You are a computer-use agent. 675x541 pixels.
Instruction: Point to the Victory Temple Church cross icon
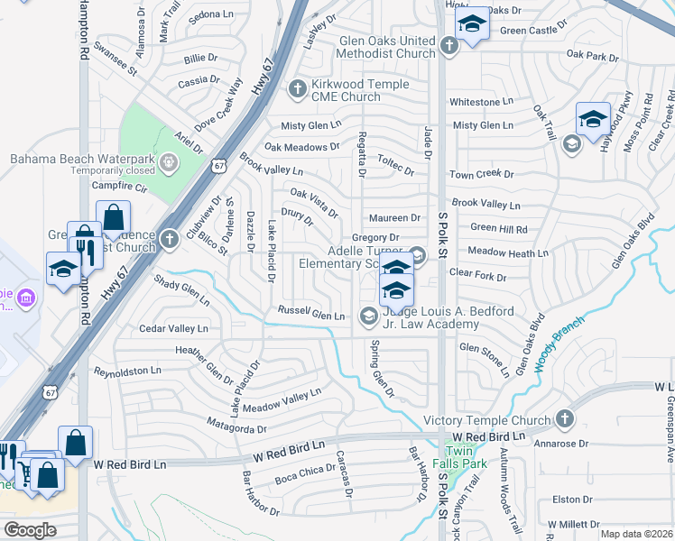click(564, 419)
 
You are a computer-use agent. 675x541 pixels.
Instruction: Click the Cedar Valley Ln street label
click(174, 329)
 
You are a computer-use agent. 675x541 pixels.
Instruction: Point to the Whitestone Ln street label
click(481, 102)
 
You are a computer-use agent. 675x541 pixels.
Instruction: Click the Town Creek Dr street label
click(482, 174)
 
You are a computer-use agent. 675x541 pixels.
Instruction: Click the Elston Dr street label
click(571, 499)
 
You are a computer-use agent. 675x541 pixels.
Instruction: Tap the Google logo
click(30, 530)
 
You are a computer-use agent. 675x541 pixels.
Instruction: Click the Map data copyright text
click(636, 534)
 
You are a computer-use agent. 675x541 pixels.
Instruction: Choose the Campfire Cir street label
click(119, 187)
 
